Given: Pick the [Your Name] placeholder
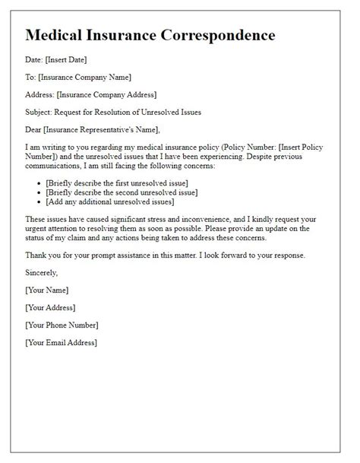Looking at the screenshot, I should pyautogui.click(x=46, y=290).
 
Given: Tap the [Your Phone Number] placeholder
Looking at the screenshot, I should pyautogui.click(x=62, y=325).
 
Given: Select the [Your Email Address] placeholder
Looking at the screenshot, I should pyautogui.click(x=61, y=343).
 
